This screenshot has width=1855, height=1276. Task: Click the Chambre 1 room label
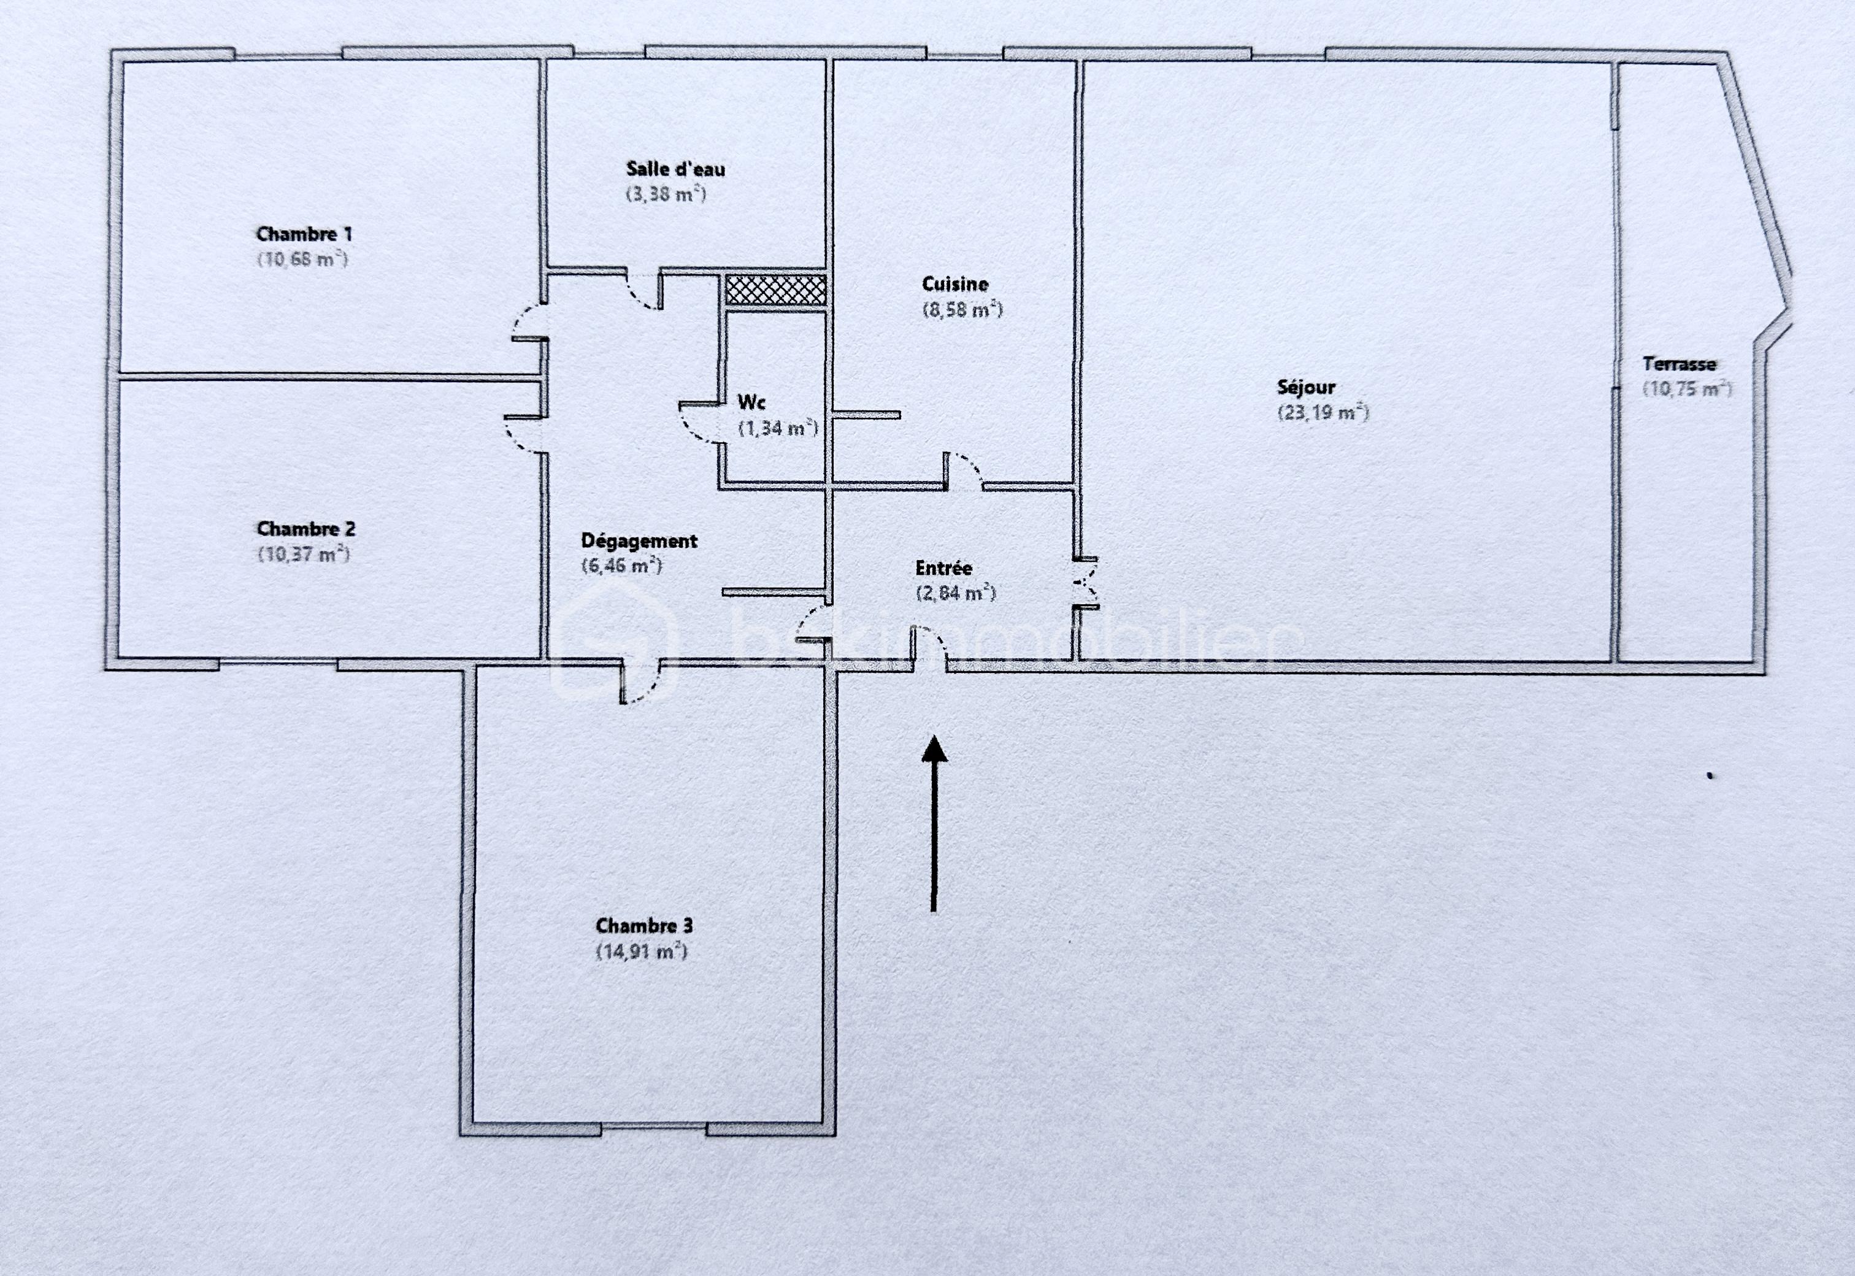[x=304, y=234]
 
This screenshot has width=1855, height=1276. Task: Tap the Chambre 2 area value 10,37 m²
[x=304, y=554]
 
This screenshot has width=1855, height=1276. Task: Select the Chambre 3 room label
[x=644, y=926]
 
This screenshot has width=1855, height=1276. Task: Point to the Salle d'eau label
[x=675, y=169]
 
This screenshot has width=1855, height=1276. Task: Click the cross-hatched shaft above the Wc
[x=775, y=290]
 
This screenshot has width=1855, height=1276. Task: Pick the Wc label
[x=751, y=402]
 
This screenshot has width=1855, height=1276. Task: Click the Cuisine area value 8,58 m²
[x=962, y=309]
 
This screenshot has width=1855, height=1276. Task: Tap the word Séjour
[x=1306, y=388]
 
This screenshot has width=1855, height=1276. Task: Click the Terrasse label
[x=1679, y=364]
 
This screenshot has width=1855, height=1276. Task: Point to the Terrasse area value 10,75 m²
[x=1687, y=390]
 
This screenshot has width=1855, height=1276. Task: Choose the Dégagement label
[x=639, y=541]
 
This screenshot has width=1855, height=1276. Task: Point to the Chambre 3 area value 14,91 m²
[x=642, y=951]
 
